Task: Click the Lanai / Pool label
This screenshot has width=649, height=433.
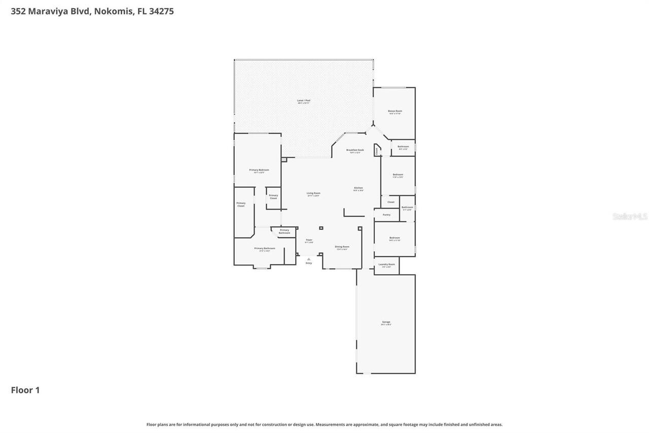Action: (304, 101)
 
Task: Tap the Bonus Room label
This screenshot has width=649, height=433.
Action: (395, 111)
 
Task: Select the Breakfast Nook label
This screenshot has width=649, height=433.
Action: (355, 150)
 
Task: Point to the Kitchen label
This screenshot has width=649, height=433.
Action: (358, 188)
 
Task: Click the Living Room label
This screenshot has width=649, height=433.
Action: (313, 193)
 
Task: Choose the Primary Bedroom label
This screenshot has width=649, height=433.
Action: (259, 170)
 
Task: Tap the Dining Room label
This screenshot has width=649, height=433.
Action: (342, 247)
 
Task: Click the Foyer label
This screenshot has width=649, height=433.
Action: (309, 240)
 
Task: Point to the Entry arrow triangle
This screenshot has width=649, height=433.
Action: (309, 259)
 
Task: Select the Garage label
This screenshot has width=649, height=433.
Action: (386, 322)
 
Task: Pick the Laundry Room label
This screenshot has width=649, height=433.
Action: (386, 264)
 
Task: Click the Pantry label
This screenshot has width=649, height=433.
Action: (386, 215)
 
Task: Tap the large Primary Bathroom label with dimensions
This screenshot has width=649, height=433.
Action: (264, 249)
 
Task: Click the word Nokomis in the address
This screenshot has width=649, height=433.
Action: (113, 11)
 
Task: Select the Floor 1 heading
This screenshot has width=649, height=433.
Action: (25, 390)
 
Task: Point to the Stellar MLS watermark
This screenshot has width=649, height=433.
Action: (630, 217)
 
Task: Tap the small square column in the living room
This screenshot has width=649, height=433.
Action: (321, 228)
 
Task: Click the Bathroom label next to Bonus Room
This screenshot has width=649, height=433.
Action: (403, 147)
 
